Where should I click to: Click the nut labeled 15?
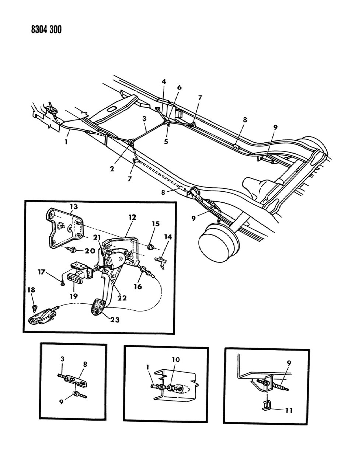(150, 247)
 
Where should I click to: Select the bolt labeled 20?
(73, 250)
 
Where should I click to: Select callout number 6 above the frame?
(180, 87)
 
